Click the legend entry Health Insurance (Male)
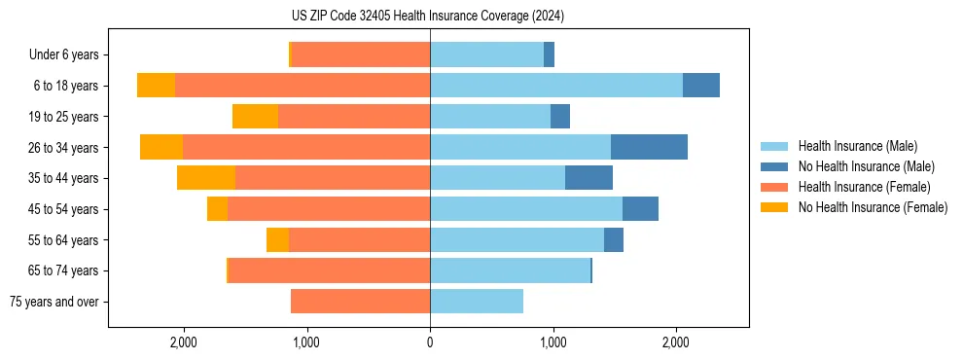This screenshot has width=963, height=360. (857, 146)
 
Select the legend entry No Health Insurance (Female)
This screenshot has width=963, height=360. (873, 207)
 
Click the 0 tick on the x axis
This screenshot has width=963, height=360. (430, 342)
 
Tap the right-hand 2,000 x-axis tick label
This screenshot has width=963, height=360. (676, 342)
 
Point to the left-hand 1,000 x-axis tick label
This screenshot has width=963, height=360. (306, 342)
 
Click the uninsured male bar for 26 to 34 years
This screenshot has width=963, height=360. (649, 147)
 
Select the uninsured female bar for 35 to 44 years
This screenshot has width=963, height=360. (206, 178)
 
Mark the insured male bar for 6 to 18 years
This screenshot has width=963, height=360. (556, 86)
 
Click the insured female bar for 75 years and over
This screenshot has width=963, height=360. (360, 302)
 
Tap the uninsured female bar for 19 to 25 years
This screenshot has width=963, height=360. (255, 117)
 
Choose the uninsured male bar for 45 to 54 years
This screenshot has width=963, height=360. (640, 209)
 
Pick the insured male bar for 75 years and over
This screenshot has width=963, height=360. (477, 302)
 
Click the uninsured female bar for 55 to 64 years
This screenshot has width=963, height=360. (277, 239)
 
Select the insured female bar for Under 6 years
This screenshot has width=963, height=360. (361, 55)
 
